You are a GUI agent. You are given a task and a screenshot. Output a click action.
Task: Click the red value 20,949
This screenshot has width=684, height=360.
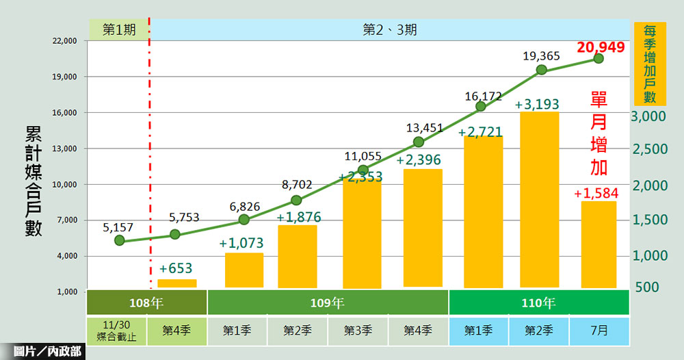click(x=601, y=47)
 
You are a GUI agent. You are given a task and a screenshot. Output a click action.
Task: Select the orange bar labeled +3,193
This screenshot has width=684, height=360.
click(x=540, y=199)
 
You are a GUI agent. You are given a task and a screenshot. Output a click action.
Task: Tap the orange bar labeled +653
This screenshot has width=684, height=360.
click(x=176, y=283)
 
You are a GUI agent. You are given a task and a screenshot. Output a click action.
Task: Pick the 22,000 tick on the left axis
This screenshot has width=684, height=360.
click(x=66, y=41)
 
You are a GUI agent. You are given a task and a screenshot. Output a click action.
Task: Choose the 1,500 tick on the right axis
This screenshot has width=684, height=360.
click(x=648, y=220)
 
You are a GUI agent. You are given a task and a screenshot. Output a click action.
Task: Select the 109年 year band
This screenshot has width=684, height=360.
click(x=328, y=302)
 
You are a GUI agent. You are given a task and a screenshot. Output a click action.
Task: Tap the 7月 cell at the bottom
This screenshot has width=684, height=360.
click(x=598, y=330)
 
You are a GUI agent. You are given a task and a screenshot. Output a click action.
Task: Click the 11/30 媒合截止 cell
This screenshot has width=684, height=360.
click(x=116, y=330)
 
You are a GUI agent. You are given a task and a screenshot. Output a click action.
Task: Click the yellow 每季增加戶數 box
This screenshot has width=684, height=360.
click(x=650, y=64)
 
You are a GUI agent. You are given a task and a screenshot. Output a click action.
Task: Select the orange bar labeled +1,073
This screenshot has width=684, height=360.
click(x=244, y=270)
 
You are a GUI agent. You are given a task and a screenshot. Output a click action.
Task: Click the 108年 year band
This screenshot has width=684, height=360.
click(x=146, y=302)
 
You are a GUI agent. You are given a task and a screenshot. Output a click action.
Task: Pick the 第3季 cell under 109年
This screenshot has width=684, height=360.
click(x=357, y=330)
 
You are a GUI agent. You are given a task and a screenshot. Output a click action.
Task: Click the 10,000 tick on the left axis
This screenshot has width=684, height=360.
click(x=66, y=185)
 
